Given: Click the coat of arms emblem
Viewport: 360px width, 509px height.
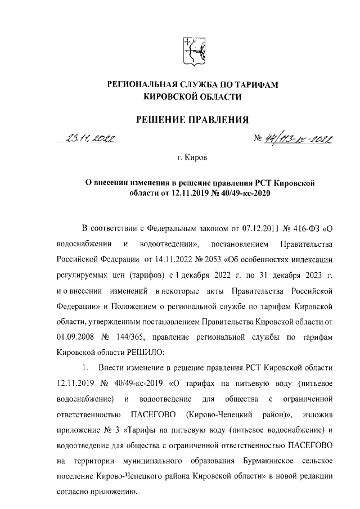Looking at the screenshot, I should click(x=193, y=51).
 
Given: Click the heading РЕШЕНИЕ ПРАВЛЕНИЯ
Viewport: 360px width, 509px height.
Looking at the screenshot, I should click(x=193, y=119).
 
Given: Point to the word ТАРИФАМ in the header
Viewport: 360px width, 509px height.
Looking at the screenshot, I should click(x=249, y=84).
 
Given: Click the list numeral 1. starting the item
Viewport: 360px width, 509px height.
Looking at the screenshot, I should click(x=85, y=368).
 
